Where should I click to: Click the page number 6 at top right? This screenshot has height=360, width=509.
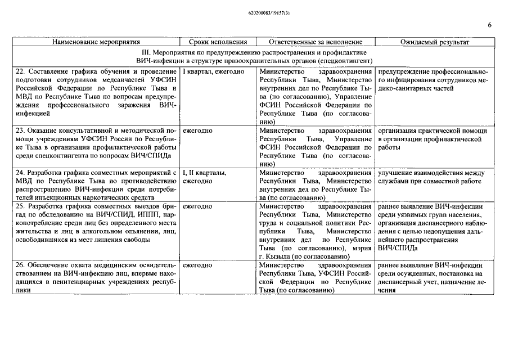(489, 25)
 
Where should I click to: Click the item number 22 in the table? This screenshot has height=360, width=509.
(21, 72)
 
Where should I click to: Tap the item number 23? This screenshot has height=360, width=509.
(21, 130)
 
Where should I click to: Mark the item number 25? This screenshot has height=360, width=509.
(21, 206)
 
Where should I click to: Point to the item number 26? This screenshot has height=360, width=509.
(21, 265)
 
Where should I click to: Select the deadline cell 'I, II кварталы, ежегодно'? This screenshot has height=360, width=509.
(205, 177)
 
